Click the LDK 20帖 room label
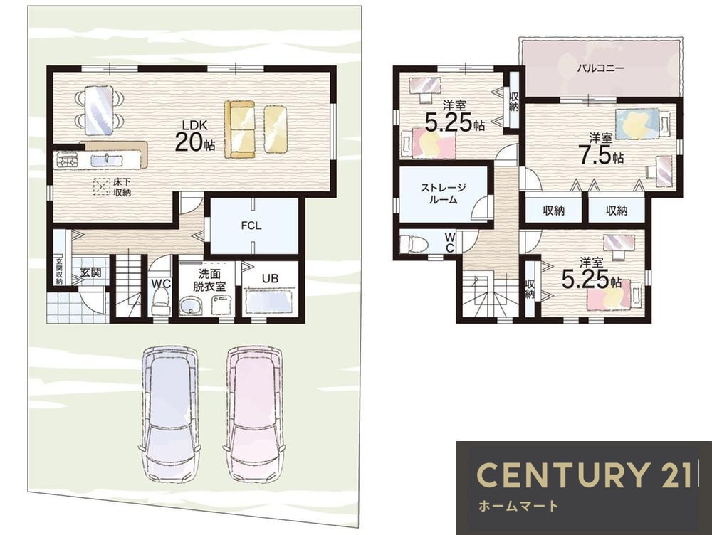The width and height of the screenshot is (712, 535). coord(195,136)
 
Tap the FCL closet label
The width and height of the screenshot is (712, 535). coord(251,226)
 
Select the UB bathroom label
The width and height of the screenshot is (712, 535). coord(270,278)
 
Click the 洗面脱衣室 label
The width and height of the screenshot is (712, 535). coord(209,280)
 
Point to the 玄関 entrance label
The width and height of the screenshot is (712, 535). coord(91,272)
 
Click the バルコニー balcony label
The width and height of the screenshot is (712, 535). coord(601,68)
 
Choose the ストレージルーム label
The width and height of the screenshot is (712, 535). coord(443,194)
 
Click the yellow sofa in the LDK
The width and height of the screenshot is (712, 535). coord(240,129)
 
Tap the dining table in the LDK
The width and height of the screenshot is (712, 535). coord(98,110)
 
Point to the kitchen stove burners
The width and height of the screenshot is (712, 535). coord(66,160)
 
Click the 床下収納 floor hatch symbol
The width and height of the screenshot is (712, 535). coord(102,186)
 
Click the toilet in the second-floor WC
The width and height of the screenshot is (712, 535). coord(414,243)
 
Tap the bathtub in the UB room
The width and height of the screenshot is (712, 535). coord(270,302)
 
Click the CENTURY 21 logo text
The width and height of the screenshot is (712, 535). coord(584,475)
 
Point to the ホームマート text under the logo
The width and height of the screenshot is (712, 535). coord(518,506)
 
